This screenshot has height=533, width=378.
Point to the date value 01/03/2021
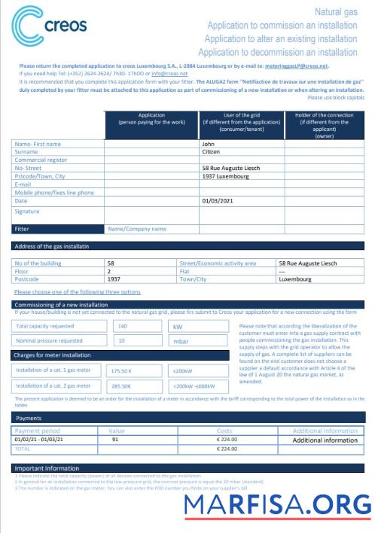tap(218, 201)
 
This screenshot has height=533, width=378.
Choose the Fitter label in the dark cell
tap(23, 229)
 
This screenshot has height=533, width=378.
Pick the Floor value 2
tap(109, 271)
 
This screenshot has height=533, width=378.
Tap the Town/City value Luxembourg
tap(294, 279)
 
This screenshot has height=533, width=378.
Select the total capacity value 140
tap(123, 327)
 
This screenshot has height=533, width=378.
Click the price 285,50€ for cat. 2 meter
tap(121, 385)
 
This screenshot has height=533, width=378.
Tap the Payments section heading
tap(31, 417)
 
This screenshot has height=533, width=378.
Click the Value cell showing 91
tap(114, 438)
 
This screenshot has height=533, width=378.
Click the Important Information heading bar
tap(47, 468)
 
